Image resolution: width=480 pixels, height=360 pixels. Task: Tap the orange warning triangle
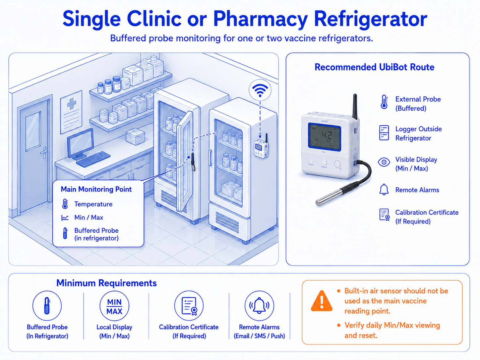pyautogui.click(x=322, y=301)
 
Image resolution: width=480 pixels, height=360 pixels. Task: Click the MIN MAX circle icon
pyautogui.click(x=114, y=306)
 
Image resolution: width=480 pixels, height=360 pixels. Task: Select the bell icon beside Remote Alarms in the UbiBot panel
pyautogui.click(x=384, y=190)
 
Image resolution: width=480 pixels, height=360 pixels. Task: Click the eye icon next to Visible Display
pyautogui.click(x=384, y=162)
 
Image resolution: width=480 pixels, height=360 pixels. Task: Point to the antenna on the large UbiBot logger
pyautogui.click(x=355, y=107)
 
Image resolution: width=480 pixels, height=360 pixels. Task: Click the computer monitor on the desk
pyautogui.click(x=80, y=144)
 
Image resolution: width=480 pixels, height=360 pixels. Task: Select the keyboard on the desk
pyautogui.click(x=93, y=159)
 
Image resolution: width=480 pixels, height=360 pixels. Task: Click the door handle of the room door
pyautogui.click(x=44, y=152)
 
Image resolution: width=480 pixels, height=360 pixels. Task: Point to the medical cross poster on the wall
pyautogui.click(x=71, y=112)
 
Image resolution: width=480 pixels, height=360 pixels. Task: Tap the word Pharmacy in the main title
pyautogui.click(x=261, y=19)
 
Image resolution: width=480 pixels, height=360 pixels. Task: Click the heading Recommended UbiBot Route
pyautogui.click(x=374, y=67)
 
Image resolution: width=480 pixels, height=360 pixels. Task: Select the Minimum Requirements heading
pyautogui.click(x=106, y=283)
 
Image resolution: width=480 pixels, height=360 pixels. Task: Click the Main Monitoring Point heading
pyautogui.click(x=96, y=189)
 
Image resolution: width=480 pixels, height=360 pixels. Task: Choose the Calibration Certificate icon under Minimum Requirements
pyautogui.click(x=189, y=306)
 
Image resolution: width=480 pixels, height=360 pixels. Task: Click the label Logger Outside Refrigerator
pyautogui.click(x=418, y=134)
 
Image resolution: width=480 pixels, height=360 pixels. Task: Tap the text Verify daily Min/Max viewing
pyautogui.click(x=392, y=325)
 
